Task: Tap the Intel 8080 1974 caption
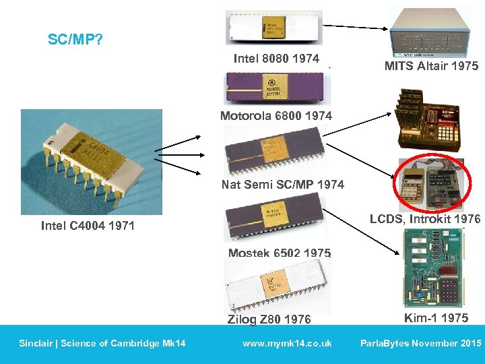276,59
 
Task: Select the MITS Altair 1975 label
431,66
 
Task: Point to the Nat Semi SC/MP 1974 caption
282,184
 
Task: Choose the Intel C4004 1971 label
88,226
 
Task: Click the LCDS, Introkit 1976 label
425,219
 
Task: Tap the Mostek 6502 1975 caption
279,253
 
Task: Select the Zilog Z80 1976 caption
269,319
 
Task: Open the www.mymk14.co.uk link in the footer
287,344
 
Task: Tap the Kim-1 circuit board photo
431,270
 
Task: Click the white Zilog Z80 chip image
276,286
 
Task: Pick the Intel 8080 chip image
273,27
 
